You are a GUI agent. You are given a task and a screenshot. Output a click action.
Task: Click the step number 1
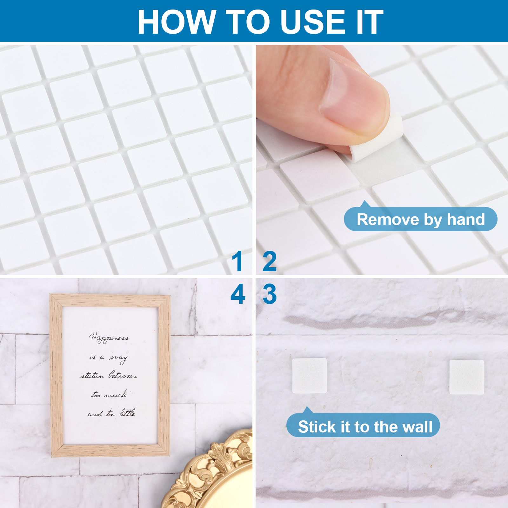coord(237,261)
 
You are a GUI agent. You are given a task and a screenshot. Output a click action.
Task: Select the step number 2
coord(270,261)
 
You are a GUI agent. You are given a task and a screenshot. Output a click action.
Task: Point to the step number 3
coord(270,294)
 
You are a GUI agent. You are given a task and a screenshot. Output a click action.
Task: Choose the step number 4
coord(238,294)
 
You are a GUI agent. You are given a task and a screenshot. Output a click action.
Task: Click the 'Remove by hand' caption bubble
coord(420,219)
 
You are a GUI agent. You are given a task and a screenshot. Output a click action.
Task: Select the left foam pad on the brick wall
coord(310,376)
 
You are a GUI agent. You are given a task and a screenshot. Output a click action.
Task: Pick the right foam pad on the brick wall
coord(467,377)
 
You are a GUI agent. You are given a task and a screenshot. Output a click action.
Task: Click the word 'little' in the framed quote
coord(127,413)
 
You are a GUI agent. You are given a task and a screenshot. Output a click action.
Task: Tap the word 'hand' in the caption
coord(466,219)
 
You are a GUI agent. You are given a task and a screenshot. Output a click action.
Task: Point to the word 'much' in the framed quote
coord(116,394)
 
